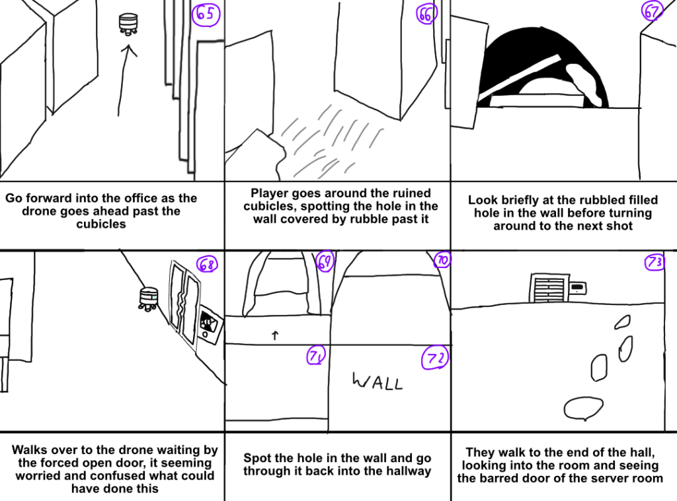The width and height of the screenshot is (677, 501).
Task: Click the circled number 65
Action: click(x=206, y=15)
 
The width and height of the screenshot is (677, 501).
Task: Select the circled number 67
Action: click(x=653, y=12)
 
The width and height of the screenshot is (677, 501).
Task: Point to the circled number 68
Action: click(x=207, y=265)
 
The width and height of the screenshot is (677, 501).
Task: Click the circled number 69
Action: click(x=325, y=261)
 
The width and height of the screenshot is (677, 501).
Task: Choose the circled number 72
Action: click(x=435, y=358)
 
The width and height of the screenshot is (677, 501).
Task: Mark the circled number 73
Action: click(x=655, y=263)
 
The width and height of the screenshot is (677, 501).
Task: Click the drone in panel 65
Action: click(x=128, y=23)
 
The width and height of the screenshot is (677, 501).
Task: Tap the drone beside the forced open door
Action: click(x=148, y=296)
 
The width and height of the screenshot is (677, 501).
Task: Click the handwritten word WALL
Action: click(x=377, y=382)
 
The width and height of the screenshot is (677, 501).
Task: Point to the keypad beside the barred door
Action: click(x=577, y=288)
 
